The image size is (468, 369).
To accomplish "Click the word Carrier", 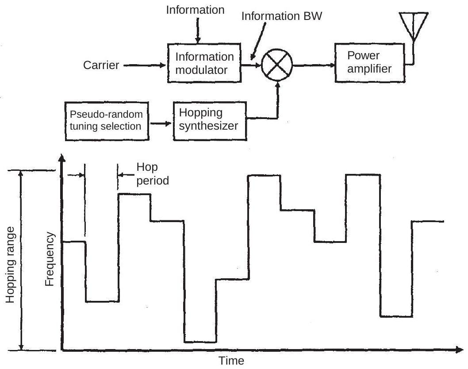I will click(x=101, y=66).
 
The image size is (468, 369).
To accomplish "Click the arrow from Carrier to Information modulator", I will click(x=144, y=66).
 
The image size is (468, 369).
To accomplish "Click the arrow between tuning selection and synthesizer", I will click(x=159, y=124).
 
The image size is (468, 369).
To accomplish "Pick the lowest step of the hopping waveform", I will click(x=200, y=342).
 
